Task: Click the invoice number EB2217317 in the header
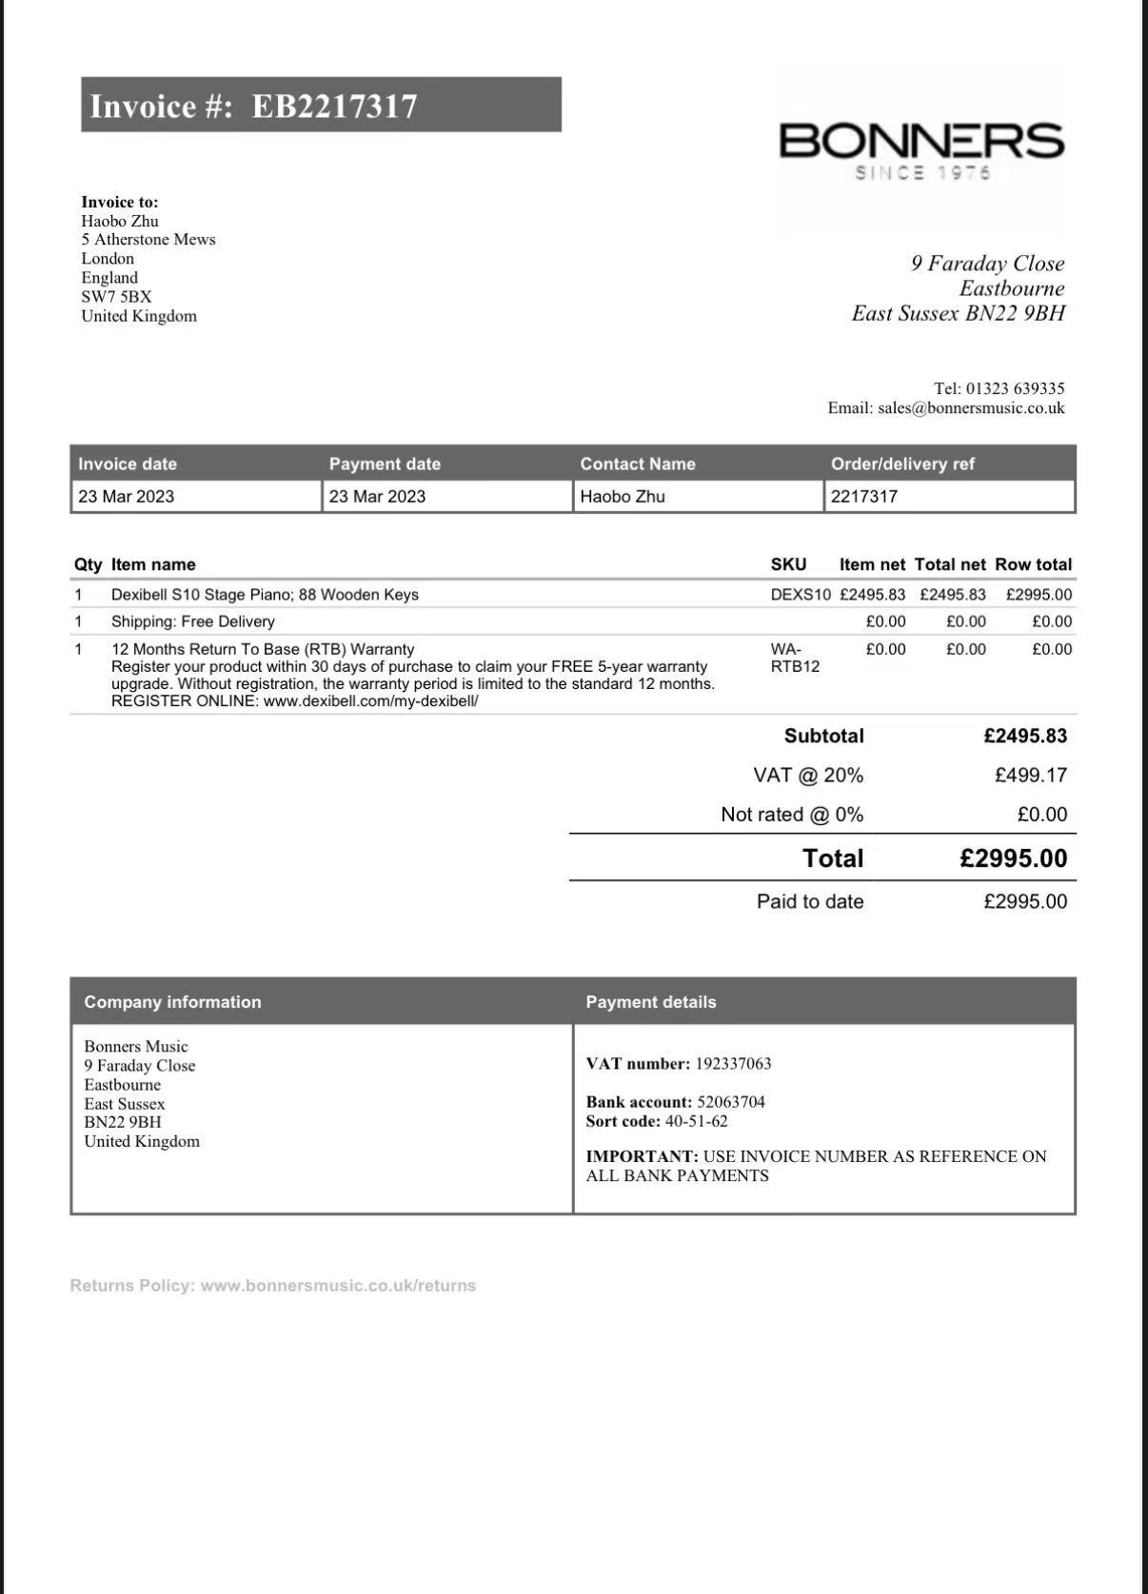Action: [334, 106]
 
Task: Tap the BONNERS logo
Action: [921, 141]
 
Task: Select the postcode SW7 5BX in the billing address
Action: [116, 297]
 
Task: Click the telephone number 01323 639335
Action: [1015, 388]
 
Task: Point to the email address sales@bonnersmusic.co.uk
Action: [971, 408]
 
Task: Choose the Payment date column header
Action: [385, 464]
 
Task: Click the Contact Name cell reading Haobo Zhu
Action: [623, 497]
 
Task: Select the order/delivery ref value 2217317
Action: [864, 497]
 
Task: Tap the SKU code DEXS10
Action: [801, 595]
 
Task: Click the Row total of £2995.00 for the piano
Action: [1039, 595]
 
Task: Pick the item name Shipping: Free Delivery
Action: [193, 621]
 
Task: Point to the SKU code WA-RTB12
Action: [795, 658]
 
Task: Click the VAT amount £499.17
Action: [1031, 776]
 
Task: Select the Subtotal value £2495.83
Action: [1025, 736]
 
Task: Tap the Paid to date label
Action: [810, 901]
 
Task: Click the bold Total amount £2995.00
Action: [1014, 858]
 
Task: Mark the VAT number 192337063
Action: [733, 1064]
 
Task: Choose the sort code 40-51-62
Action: [696, 1121]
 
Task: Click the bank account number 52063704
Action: [731, 1102]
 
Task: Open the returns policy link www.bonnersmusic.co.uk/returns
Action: [338, 1286]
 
